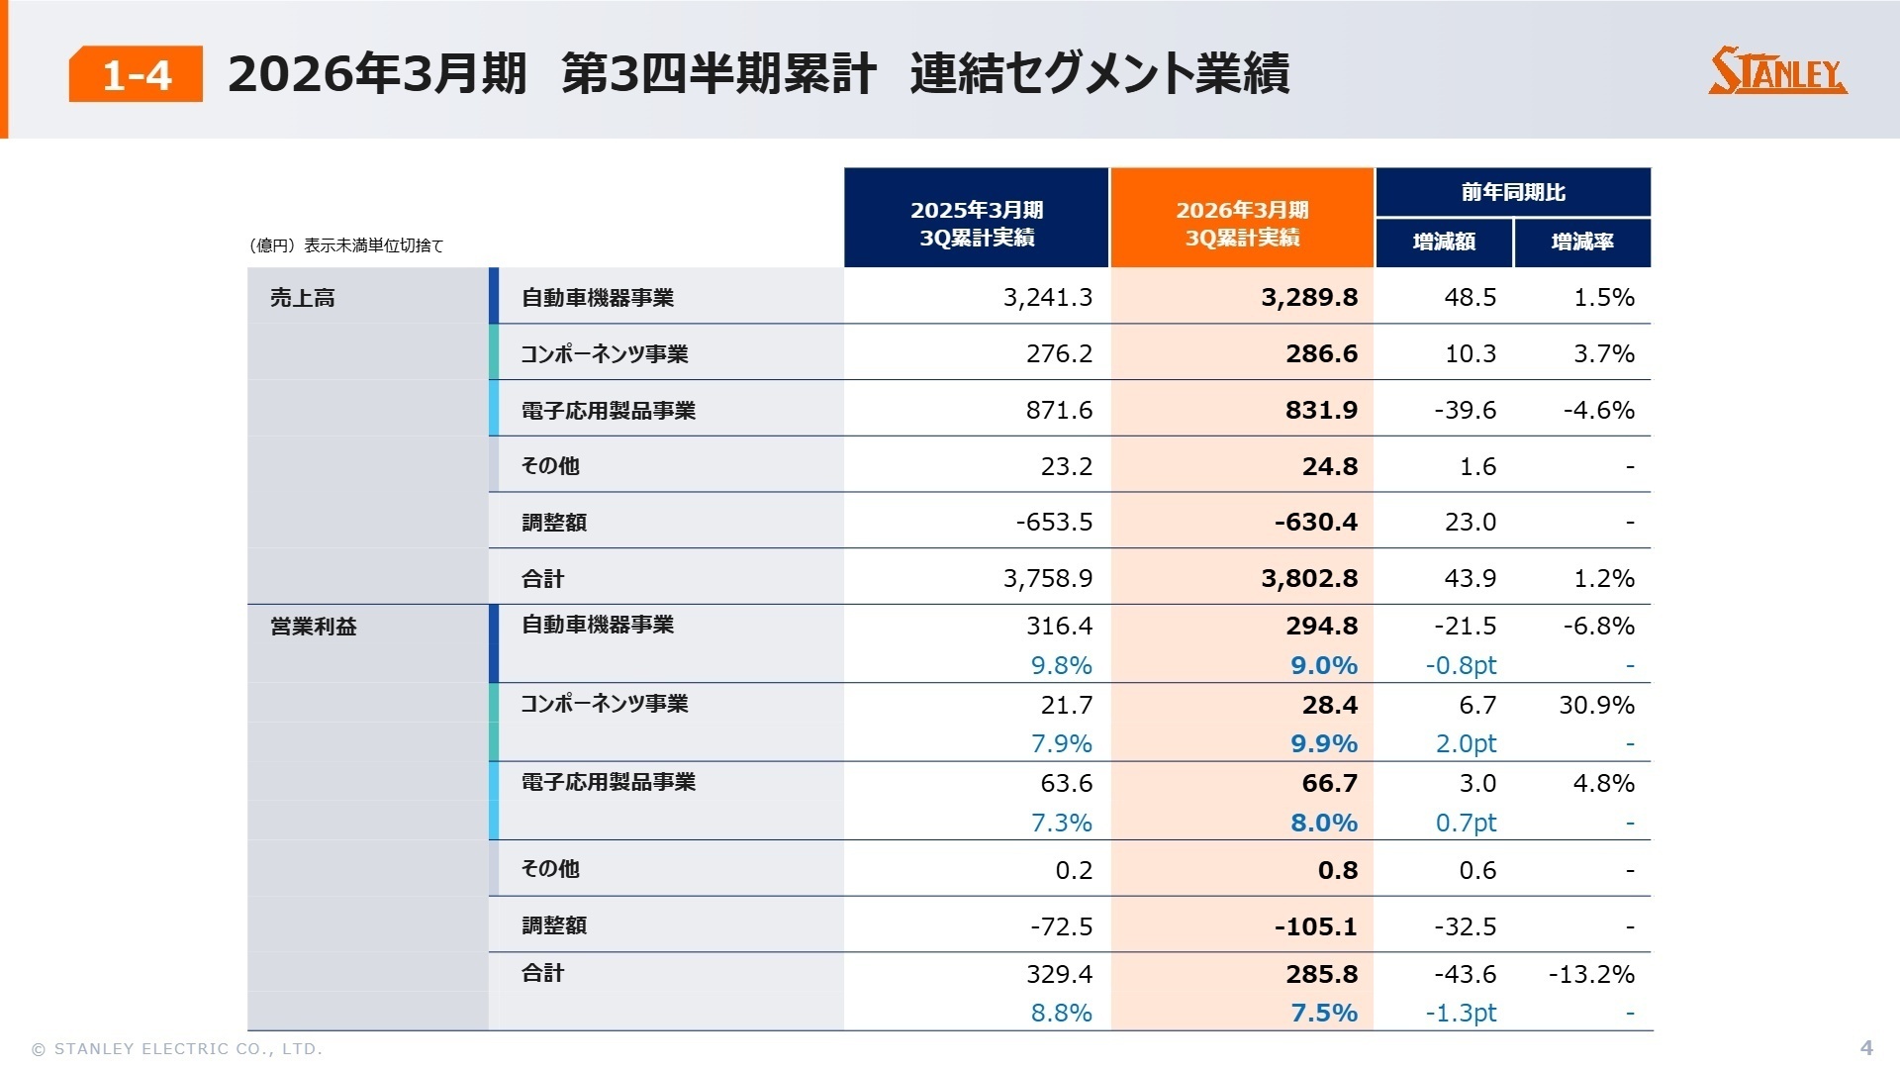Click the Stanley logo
1777,71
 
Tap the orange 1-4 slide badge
136,74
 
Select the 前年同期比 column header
1512,192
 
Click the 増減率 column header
1581,242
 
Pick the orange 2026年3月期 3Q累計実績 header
1242,224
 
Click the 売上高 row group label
303,298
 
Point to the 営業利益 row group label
313,627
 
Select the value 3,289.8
1308,298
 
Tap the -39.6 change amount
1465,410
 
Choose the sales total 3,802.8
1308,578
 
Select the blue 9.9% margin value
1323,743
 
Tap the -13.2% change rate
1590,974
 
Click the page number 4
1866,1047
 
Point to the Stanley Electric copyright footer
177,1048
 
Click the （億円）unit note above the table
345,245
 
